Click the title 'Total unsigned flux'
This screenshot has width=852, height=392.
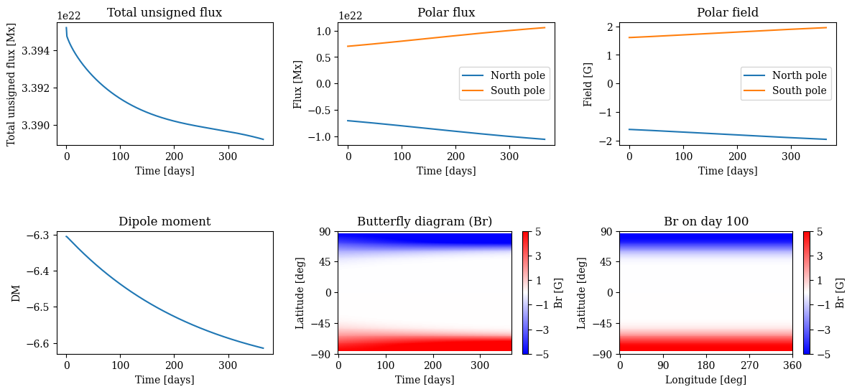(x=165, y=12)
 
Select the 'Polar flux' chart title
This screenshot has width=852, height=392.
(x=445, y=12)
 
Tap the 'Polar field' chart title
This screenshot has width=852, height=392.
(x=727, y=12)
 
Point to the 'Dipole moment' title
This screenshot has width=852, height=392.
(x=165, y=221)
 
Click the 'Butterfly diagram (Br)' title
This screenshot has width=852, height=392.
(x=425, y=221)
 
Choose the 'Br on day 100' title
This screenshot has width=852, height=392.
(x=705, y=221)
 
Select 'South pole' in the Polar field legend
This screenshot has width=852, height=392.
(x=799, y=91)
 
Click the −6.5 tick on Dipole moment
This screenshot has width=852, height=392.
(x=37, y=307)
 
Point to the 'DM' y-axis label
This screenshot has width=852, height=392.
(x=16, y=293)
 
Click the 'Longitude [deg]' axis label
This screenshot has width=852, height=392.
(x=705, y=380)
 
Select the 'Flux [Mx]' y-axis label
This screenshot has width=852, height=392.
(x=298, y=83)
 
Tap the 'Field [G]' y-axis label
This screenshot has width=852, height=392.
(x=588, y=83)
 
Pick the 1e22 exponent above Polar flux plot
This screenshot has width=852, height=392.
(x=350, y=17)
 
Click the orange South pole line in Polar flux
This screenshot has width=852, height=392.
(x=445, y=37)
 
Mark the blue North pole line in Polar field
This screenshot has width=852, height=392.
(x=727, y=134)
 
